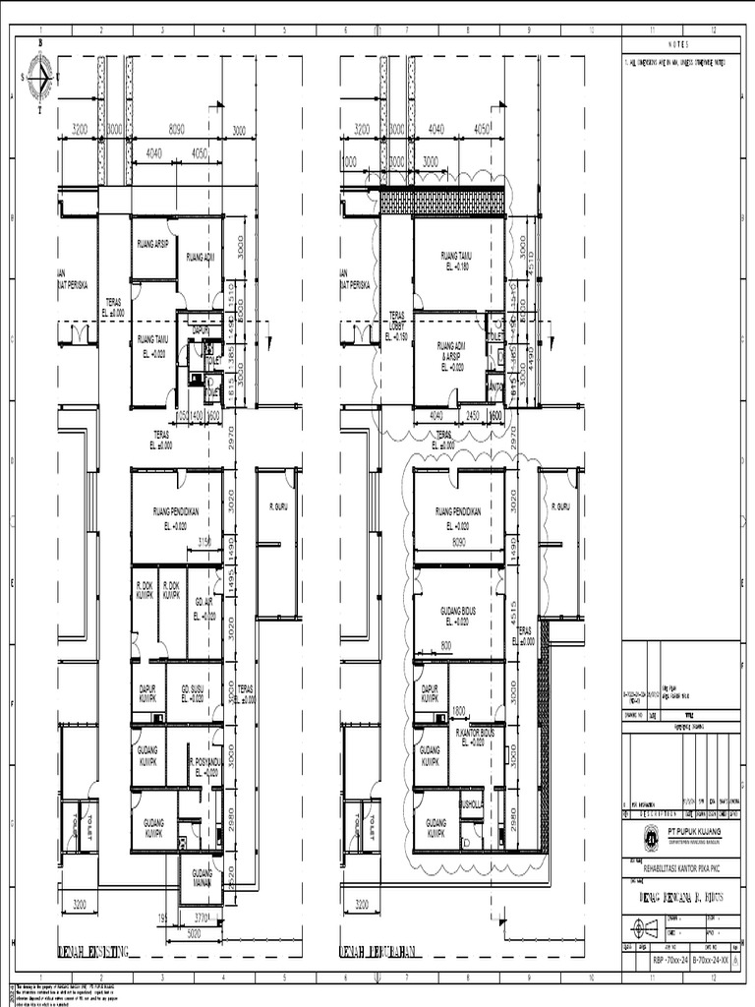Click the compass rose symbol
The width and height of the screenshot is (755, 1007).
tap(39, 75)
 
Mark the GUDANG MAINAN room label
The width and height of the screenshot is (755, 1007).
tap(202, 878)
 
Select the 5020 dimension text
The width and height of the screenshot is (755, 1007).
tap(202, 935)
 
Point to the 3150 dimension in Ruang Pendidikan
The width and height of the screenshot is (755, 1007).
tap(206, 542)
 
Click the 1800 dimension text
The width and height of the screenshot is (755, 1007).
tap(458, 710)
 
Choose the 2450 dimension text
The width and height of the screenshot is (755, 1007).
tap(473, 416)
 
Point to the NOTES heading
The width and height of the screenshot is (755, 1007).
tap(680, 45)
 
